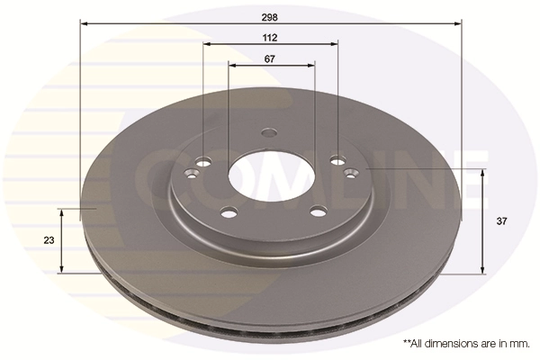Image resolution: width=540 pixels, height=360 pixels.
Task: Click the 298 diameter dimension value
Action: (x=270, y=16)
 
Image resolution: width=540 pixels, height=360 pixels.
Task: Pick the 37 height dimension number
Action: (x=501, y=220)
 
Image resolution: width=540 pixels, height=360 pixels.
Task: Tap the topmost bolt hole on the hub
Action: (x=267, y=133)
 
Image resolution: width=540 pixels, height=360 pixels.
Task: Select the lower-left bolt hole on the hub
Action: (x=229, y=212)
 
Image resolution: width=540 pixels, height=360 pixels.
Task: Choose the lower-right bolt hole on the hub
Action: (x=317, y=212)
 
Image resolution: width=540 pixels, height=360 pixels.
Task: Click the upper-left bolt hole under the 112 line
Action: (x=203, y=162)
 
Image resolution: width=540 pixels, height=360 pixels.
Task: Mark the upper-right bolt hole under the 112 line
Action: (x=337, y=161)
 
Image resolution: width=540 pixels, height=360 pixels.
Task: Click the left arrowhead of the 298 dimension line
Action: (x=85, y=23)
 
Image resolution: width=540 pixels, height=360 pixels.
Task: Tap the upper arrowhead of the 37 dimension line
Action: (x=483, y=172)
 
